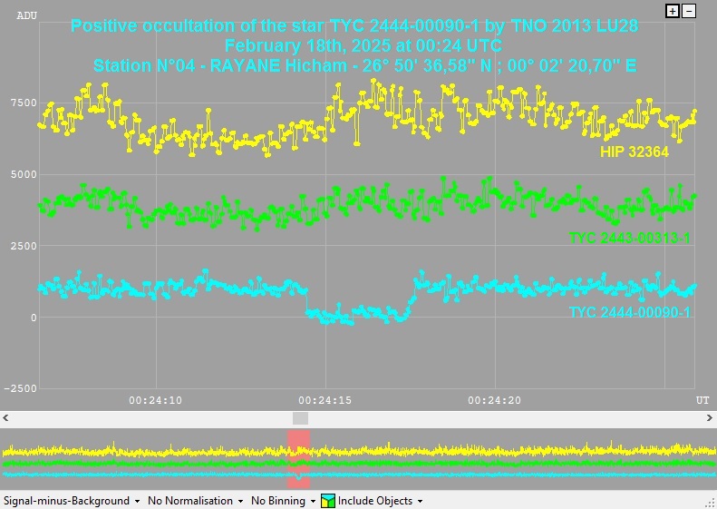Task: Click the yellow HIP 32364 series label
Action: [634, 152]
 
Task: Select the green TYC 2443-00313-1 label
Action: [629, 238]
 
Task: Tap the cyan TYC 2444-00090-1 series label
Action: [629, 313]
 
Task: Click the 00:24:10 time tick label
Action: [155, 400]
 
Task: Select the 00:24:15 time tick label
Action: [325, 400]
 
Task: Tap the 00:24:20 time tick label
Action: [495, 400]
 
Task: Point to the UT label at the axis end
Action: [702, 400]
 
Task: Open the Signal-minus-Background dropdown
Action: [72, 501]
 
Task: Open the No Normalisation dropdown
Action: [196, 501]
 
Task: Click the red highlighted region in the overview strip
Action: [299, 459]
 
